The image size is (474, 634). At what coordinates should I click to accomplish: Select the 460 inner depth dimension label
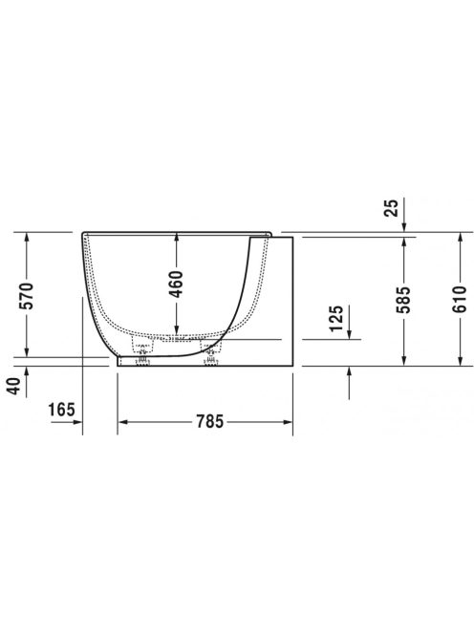177,283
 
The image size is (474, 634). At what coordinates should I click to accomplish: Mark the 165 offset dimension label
60,411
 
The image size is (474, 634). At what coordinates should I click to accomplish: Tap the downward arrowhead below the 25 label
406,226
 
